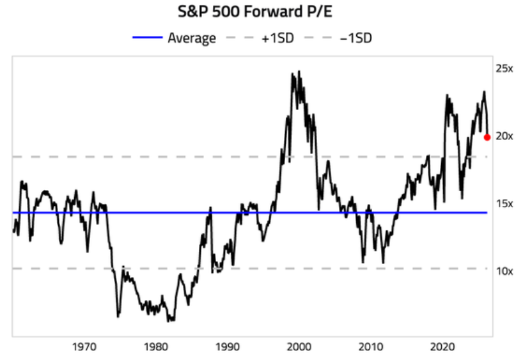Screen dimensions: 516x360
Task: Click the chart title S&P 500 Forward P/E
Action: (x=255, y=12)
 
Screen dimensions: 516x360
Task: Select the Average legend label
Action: (x=192, y=38)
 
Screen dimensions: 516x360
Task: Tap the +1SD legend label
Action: (x=278, y=38)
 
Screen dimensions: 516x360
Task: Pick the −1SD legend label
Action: (x=356, y=38)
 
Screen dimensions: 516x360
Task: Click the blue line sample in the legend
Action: (x=148, y=38)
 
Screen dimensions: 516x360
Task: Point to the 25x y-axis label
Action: (x=504, y=68)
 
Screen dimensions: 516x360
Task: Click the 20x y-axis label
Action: (x=504, y=136)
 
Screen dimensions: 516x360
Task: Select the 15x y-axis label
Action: (x=504, y=204)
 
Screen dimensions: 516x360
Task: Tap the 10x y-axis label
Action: (x=504, y=271)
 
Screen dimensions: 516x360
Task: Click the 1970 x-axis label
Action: (x=84, y=347)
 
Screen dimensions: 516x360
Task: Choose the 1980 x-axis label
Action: (x=156, y=347)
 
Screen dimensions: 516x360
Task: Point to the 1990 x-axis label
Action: (x=228, y=347)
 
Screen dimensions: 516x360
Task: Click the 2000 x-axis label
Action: (x=299, y=347)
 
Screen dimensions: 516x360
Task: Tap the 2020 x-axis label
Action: (x=442, y=347)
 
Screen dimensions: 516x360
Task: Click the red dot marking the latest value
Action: (x=487, y=137)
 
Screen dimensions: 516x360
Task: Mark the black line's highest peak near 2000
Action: (x=299, y=71)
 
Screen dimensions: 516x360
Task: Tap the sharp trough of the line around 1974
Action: (x=118, y=317)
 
